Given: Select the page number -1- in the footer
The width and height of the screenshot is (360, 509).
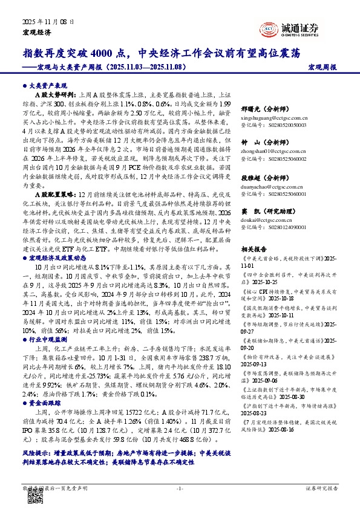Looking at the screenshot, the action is coord(180,487).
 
